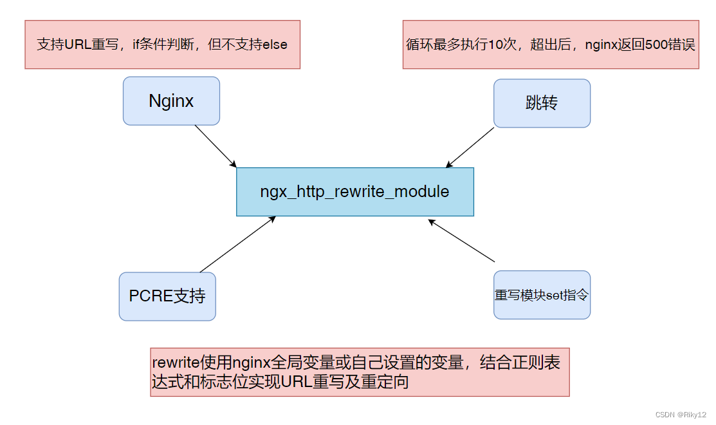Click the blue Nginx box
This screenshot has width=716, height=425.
pos(171,101)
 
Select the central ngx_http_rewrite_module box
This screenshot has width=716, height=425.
pos(354,192)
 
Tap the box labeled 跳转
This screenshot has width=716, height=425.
pos(542,104)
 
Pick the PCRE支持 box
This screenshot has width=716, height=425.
pos(167,296)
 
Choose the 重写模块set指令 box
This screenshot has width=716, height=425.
pos(542,295)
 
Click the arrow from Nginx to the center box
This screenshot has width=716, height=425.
pos(216,146)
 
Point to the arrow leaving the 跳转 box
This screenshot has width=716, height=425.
pos(470,147)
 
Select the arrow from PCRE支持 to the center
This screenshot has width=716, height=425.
pos(238,244)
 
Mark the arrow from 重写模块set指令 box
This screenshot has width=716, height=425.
pos(461,241)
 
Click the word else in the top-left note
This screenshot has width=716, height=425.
pos(275,45)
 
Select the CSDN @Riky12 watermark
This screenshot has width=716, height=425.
pos(677,415)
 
